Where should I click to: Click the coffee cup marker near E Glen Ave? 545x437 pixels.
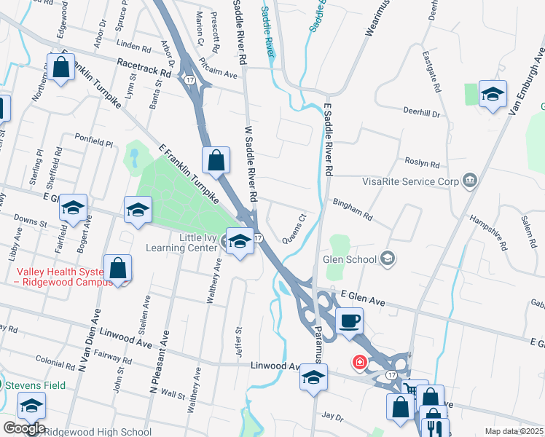[x=349, y=320]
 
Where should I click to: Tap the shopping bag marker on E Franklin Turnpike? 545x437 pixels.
[x=216, y=160]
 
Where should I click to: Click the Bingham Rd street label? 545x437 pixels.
[x=353, y=210]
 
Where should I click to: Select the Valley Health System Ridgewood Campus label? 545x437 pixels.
[x=55, y=275]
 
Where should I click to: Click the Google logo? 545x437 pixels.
[x=23, y=428]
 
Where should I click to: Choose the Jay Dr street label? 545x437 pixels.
[x=332, y=417]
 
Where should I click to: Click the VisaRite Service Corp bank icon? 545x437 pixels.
[x=468, y=180]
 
